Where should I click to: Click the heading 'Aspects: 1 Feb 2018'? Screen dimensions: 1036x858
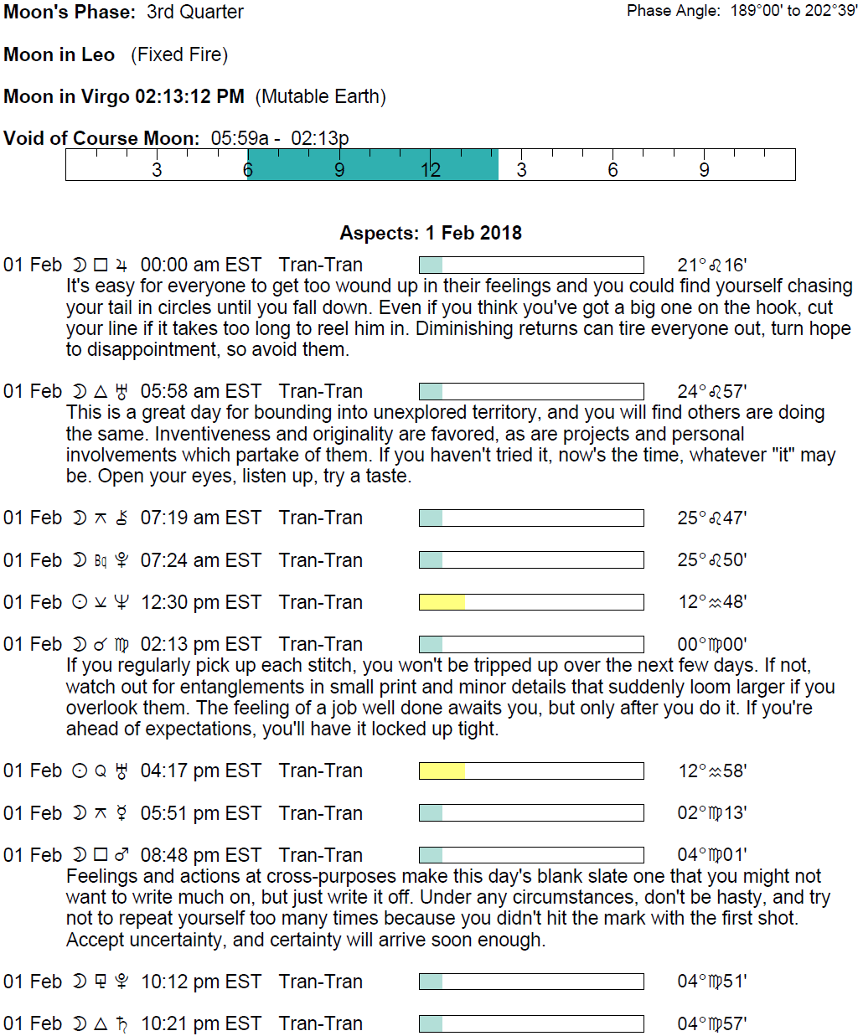pos(431,233)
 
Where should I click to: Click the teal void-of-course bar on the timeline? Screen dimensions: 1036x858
pos(373,164)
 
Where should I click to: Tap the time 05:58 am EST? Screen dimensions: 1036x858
pos(200,391)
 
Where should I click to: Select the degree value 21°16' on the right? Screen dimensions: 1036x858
pos(711,265)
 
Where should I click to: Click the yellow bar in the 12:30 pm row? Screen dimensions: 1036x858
pos(442,602)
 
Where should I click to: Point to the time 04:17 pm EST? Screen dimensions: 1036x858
pos(200,771)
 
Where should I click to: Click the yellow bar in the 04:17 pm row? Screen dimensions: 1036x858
pos(442,771)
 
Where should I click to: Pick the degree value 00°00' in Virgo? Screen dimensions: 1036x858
pos(711,644)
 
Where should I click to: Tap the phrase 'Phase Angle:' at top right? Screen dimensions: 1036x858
pos(673,11)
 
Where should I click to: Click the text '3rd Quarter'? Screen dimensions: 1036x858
pos(195,12)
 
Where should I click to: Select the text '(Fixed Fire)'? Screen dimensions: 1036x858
pos(179,54)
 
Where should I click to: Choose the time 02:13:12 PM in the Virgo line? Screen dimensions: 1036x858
pos(189,96)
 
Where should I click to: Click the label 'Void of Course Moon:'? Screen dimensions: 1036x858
pos(101,138)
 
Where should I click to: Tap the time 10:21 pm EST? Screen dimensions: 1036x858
pos(200,1023)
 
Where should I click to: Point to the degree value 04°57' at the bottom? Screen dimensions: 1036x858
pos(711,1023)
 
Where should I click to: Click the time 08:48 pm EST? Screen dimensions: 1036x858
pos(200,855)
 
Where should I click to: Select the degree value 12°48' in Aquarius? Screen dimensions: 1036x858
pos(711,602)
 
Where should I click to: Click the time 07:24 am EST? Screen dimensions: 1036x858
pos(200,560)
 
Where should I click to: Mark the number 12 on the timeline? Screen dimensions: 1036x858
pos(430,170)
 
